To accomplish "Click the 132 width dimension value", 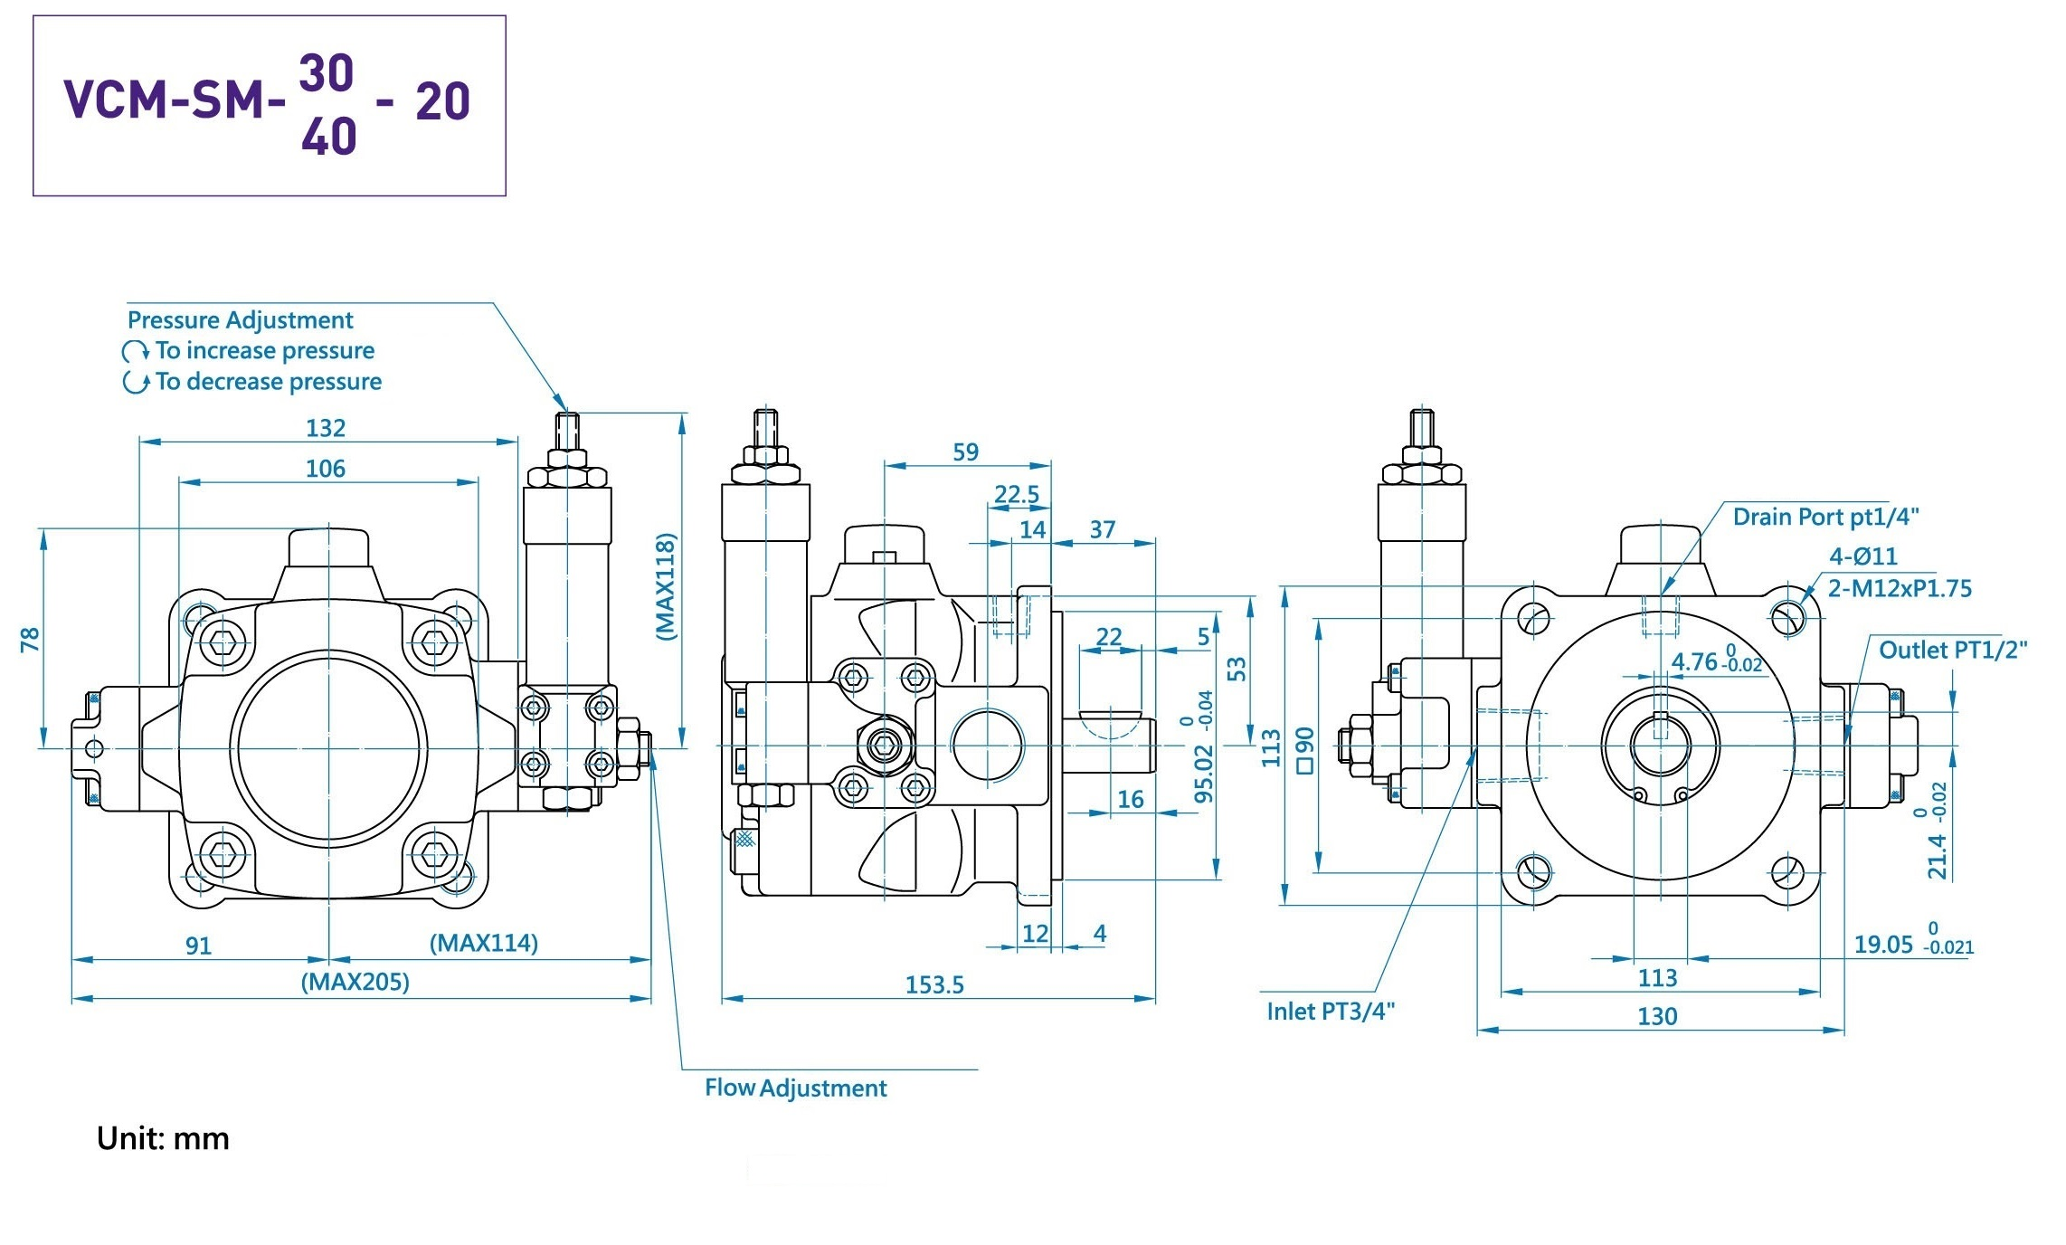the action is pyautogui.click(x=326, y=428).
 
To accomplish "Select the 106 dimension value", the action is pyautogui.click(x=326, y=469).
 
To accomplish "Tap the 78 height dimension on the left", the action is pyautogui.click(x=30, y=640).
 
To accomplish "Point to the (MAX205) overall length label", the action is pyautogui.click(x=355, y=982).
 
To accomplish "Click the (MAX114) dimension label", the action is pyautogui.click(x=483, y=944).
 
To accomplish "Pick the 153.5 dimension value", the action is pyautogui.click(x=934, y=984).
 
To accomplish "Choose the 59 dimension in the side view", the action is pyautogui.click(x=966, y=452).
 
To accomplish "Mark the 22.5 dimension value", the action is pyautogui.click(x=1017, y=495).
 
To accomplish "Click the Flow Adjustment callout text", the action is pyautogui.click(x=796, y=1088).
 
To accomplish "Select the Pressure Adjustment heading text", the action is pyautogui.click(x=240, y=320).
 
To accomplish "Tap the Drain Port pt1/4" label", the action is pyautogui.click(x=1825, y=517).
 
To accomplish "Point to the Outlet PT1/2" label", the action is pyautogui.click(x=1953, y=650).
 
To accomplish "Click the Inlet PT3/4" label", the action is pyautogui.click(x=1331, y=1011).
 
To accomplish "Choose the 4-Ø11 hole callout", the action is pyautogui.click(x=1863, y=556).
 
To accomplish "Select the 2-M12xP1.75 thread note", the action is pyautogui.click(x=1900, y=588).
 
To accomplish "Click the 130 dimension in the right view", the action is pyautogui.click(x=1657, y=1016).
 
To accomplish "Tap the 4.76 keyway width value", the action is pyautogui.click(x=1693, y=661).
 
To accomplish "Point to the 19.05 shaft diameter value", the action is pyautogui.click(x=1883, y=945).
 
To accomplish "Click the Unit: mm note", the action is pyautogui.click(x=163, y=1138).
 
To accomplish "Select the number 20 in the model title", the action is pyautogui.click(x=442, y=100).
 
